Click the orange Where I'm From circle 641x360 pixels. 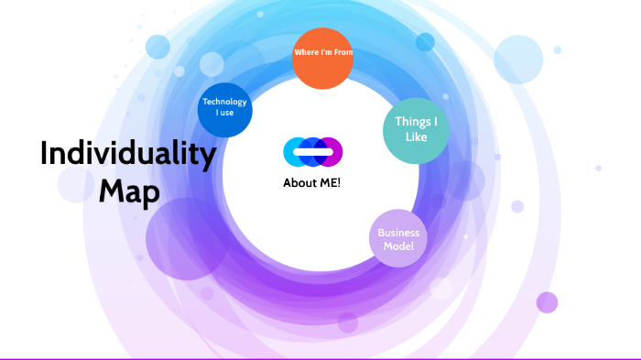pyautogui.click(x=322, y=59)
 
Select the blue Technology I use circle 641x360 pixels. pyautogui.click(x=224, y=109)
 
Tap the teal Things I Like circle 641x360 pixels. pyautogui.click(x=416, y=130)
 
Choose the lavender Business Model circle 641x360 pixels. pyautogui.click(x=398, y=239)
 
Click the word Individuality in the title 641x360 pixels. pyautogui.click(x=127, y=154)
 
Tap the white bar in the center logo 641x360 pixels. pyautogui.click(x=313, y=151)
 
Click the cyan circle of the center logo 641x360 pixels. pyautogui.click(x=292, y=151)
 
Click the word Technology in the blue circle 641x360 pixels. pyautogui.click(x=224, y=102)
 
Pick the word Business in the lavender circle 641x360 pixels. pyautogui.click(x=398, y=233)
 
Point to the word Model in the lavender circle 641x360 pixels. pyautogui.click(x=398, y=246)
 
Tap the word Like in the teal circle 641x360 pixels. pyautogui.click(x=417, y=137)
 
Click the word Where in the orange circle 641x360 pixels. pyautogui.click(x=305, y=52)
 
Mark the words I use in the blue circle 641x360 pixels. pyautogui.click(x=224, y=114)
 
